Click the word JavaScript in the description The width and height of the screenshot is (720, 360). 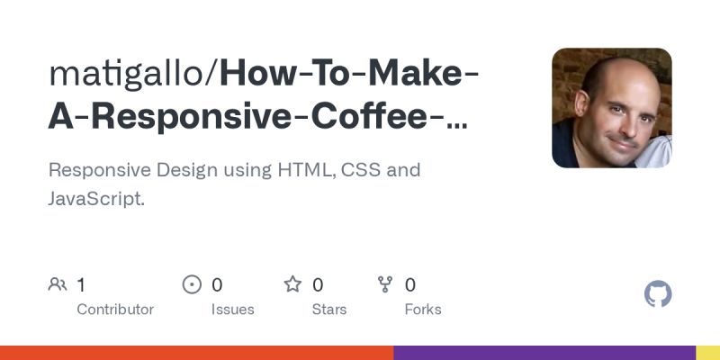(x=95, y=198)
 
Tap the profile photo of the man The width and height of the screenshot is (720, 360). (x=611, y=108)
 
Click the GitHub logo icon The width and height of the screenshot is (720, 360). (x=658, y=294)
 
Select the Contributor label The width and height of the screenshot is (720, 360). (x=115, y=309)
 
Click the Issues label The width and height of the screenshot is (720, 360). (x=232, y=309)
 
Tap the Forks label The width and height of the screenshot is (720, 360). (x=423, y=309)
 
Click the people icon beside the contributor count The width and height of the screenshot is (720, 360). (x=58, y=285)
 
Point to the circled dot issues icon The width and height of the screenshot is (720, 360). (x=192, y=285)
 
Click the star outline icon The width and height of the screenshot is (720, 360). (x=292, y=285)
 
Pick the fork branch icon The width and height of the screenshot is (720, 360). (x=386, y=285)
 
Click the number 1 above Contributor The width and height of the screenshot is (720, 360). (x=81, y=285)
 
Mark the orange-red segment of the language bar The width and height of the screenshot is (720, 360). (x=196, y=353)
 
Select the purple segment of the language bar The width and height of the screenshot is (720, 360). (x=544, y=353)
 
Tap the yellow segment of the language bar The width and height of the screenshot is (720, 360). (x=707, y=353)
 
